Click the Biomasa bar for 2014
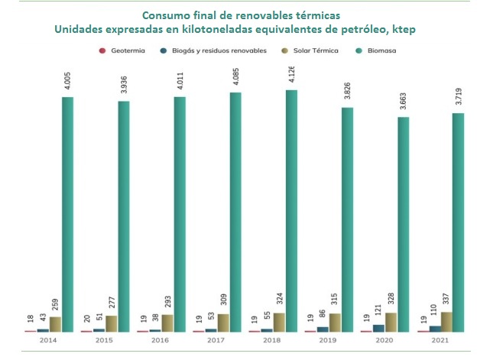67,214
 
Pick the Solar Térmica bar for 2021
446,322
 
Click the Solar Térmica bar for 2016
167,323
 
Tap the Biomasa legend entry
387,51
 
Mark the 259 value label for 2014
54,303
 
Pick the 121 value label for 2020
378,311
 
